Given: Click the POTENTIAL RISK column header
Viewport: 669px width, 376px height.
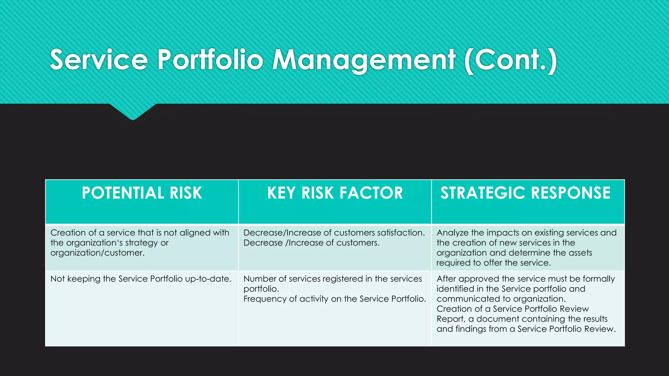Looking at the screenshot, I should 142,193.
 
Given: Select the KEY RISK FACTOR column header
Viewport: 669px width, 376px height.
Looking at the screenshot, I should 335,193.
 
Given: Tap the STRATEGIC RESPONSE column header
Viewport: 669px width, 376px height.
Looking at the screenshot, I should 525,193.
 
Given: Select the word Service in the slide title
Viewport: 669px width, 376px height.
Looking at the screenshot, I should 99,60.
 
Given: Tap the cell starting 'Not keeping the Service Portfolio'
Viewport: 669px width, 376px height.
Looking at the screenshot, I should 141,279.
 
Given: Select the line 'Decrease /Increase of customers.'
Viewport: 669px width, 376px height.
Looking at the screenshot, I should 311,243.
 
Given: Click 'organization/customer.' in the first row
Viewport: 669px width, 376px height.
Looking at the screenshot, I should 97,253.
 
